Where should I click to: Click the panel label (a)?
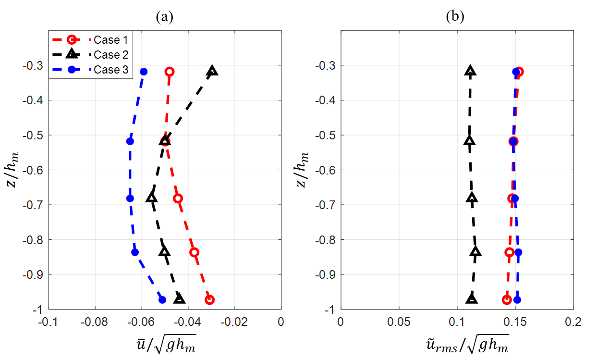pos(164,17)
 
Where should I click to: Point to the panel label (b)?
pos(455,17)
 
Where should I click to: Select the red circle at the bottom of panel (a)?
pos(209,300)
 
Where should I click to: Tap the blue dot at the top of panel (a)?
pos(144,72)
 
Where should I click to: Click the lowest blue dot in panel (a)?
pos(162,300)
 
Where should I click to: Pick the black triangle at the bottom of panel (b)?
pos(472,299)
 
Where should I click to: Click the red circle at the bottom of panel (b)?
pos(506,300)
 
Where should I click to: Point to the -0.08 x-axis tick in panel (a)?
pos(95,321)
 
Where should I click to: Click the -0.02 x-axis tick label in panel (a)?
pos(234,321)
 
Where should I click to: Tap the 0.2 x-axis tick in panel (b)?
pos(573,321)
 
